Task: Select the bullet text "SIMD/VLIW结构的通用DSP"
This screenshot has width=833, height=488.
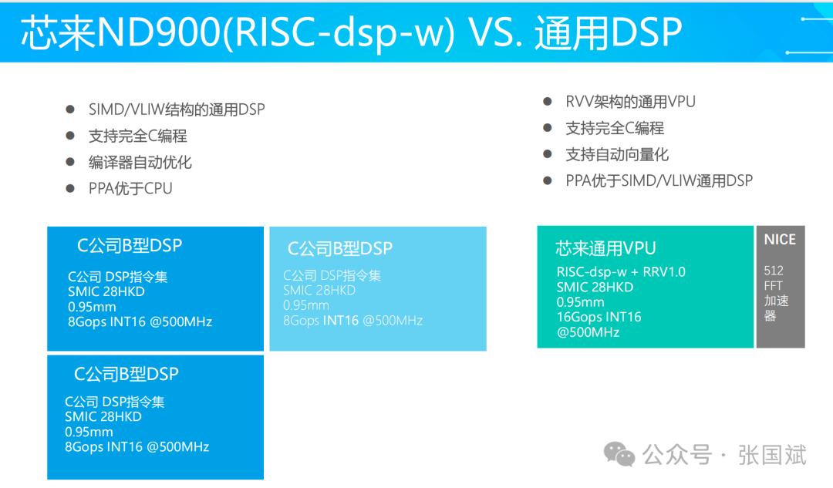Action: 177,109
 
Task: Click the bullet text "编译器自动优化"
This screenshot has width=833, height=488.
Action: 140,162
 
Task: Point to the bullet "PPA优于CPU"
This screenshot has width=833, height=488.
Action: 130,188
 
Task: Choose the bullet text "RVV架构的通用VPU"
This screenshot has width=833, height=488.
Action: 630,102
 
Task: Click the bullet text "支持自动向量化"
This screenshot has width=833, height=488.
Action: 617,154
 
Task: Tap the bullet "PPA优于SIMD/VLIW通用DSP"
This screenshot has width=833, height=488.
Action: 659,180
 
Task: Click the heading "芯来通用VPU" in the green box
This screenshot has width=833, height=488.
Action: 605,248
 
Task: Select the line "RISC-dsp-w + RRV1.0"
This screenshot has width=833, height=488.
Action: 621,272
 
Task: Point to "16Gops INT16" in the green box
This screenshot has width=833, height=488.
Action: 599,317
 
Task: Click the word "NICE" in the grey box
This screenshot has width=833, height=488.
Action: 780,240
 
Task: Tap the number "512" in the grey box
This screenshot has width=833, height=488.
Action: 774,271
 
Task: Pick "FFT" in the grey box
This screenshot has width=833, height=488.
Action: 774,286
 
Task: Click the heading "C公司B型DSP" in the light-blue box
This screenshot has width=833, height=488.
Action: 340,248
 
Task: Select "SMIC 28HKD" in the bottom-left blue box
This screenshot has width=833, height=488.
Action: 103,416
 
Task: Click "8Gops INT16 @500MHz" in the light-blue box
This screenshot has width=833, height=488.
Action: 352,320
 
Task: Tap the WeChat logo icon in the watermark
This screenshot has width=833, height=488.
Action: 619,454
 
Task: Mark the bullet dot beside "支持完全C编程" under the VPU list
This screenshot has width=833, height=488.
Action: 548,128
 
